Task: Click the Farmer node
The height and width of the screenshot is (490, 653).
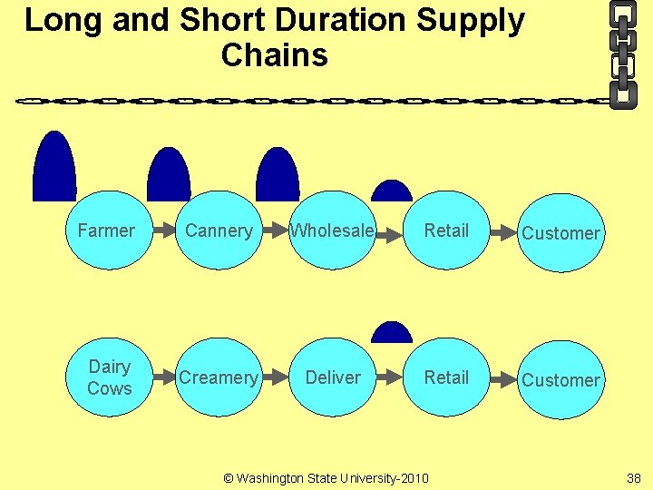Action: coord(106,230)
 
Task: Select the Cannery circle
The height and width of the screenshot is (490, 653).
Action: coord(219,230)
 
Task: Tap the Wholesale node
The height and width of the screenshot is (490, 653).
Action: coord(332,230)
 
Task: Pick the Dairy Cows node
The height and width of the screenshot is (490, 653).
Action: coord(109,377)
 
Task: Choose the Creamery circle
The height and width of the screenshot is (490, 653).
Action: coord(219,377)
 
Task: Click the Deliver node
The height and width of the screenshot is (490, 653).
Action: coord(332,377)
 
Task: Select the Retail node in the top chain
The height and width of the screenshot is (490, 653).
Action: coord(446,230)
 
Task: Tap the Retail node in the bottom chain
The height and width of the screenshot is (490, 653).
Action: coord(446,377)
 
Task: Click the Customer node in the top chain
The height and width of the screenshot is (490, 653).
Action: coord(560,233)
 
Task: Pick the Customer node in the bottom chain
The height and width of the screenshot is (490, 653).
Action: coord(560,380)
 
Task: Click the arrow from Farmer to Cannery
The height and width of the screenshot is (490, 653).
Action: coord(162,230)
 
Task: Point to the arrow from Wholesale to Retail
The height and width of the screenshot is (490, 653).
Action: coord(389,234)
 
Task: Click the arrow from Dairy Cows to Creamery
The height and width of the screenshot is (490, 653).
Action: coord(162,377)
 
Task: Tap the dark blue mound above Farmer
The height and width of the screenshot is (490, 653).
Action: coord(54,169)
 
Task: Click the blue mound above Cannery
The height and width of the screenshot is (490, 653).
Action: coord(169,176)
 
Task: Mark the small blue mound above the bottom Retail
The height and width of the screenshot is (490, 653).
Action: coord(392,333)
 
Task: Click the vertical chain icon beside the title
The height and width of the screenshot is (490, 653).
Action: coord(622,54)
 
